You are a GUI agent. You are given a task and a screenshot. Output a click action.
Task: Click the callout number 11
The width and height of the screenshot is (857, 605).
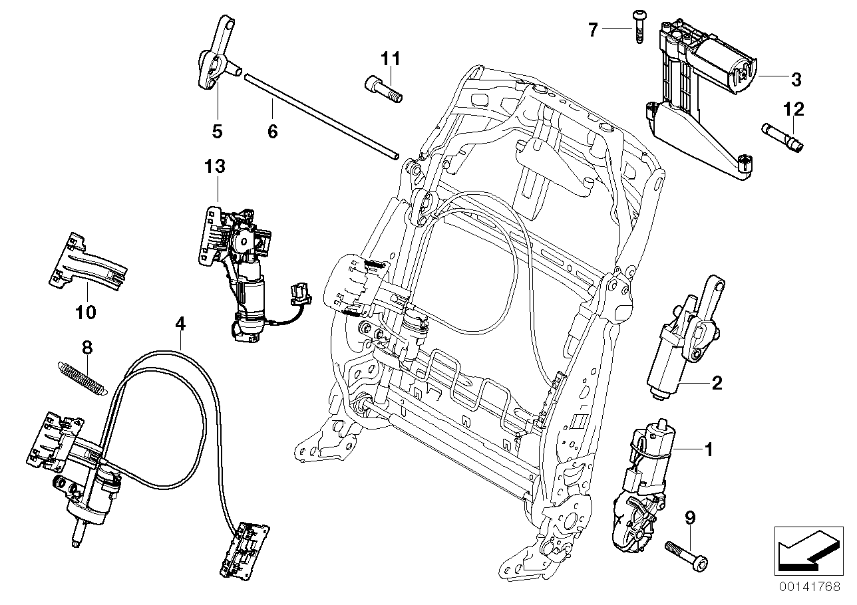(391, 59)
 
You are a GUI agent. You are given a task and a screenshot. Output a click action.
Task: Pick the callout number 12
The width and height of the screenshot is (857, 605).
(794, 108)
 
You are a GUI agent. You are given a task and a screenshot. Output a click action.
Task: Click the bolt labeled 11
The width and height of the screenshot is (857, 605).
(384, 89)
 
